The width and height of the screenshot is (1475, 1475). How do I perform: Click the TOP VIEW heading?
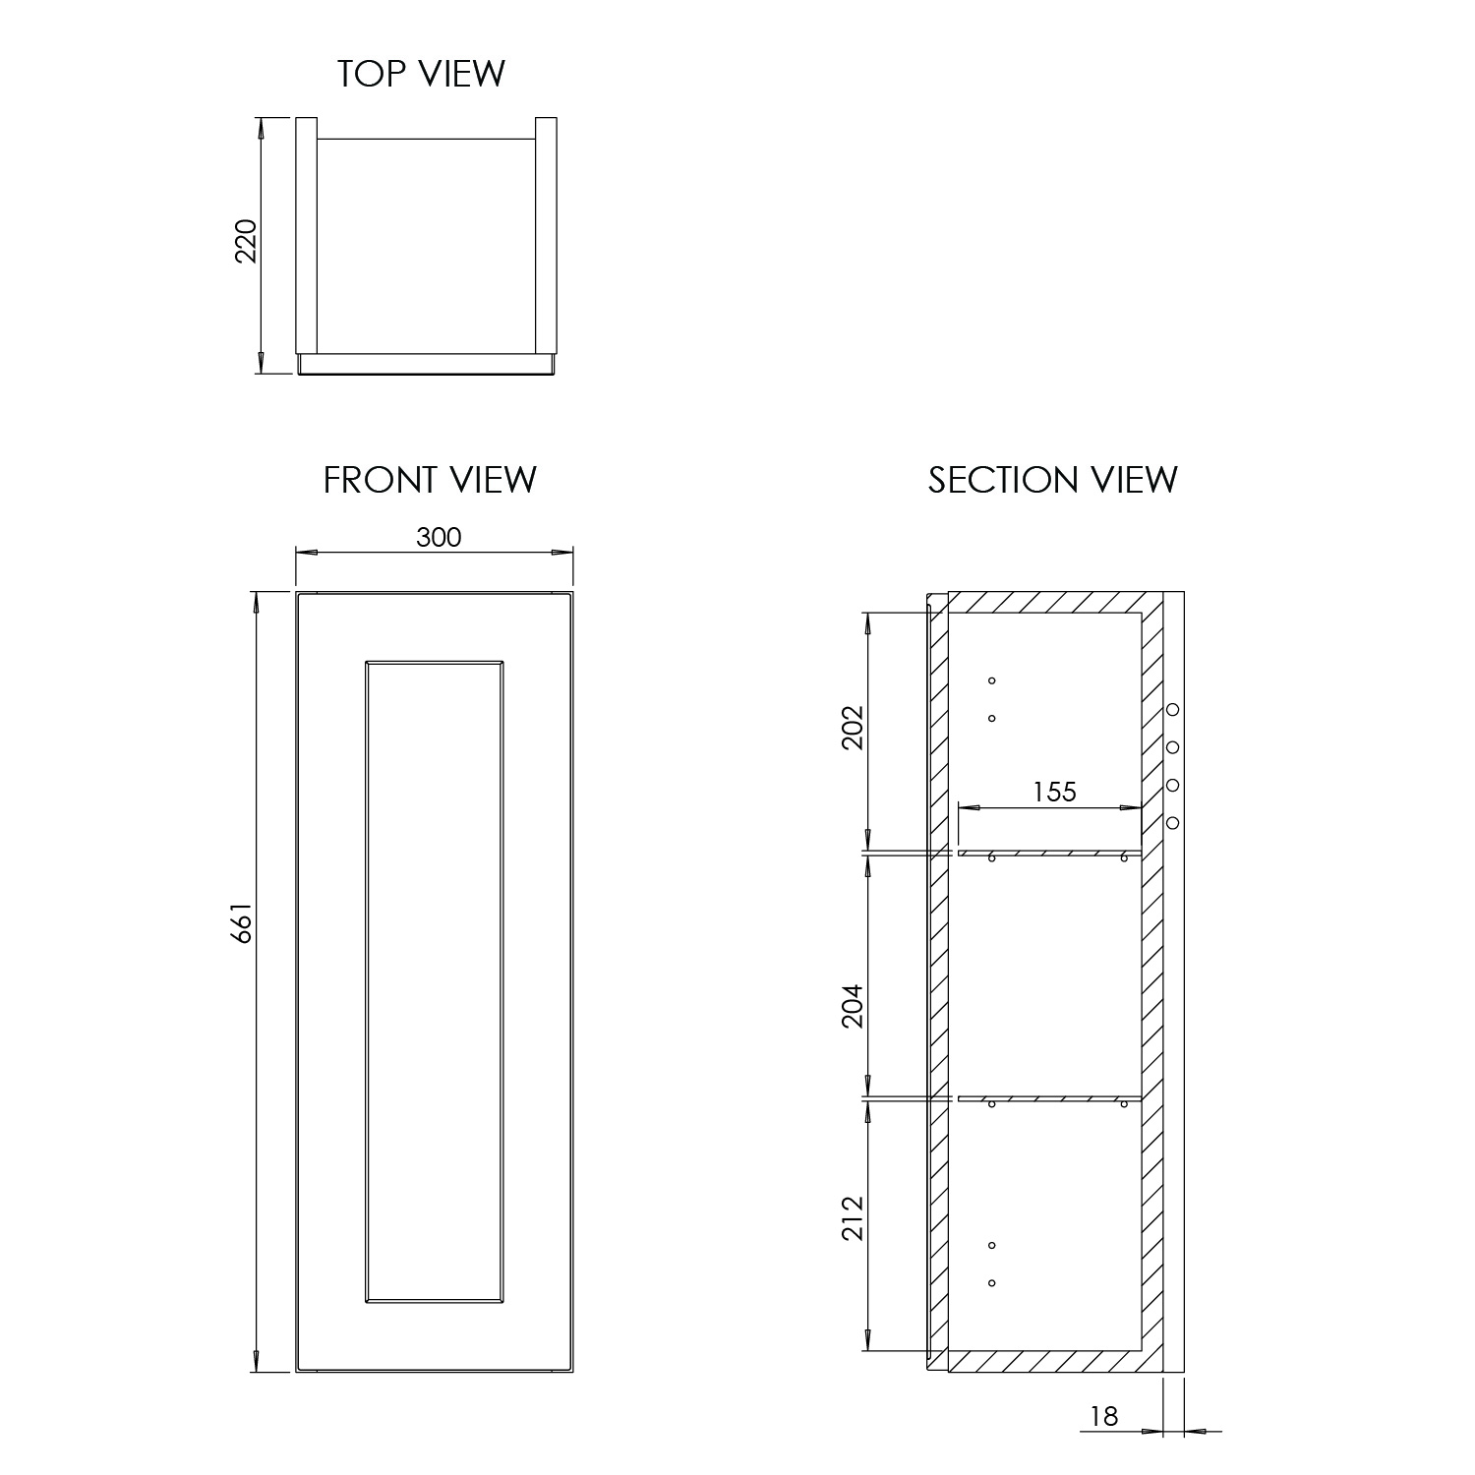pos(421,74)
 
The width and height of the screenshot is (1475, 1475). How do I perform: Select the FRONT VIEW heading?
pos(430,480)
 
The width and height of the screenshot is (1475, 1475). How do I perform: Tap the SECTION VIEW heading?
pos(1052,480)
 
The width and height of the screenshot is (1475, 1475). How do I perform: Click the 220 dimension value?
pos(246,240)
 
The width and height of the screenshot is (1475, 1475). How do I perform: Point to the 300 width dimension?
pos(439,537)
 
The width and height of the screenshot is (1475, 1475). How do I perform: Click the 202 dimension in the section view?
pos(852,727)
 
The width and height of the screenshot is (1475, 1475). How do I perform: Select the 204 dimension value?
pos(852,1005)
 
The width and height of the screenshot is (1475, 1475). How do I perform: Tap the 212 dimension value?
pos(852,1217)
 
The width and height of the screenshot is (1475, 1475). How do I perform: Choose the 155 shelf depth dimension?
pos(1054,792)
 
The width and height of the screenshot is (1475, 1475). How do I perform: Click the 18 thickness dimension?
pos(1104,1416)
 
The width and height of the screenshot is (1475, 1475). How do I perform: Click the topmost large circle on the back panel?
pos(1172,710)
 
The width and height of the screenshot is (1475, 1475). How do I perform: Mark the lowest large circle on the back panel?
pos(1172,822)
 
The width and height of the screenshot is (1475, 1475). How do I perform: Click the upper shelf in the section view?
pos(1049,853)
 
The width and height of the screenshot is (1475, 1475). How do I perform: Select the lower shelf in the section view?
pos(1049,1098)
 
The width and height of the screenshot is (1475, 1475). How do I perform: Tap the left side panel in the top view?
pos(307,236)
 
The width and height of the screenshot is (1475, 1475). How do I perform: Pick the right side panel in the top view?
pos(547,236)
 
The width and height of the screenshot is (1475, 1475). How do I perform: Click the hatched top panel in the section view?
pos(1055,603)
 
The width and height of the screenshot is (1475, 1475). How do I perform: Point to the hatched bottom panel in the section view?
pos(1055,1362)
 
